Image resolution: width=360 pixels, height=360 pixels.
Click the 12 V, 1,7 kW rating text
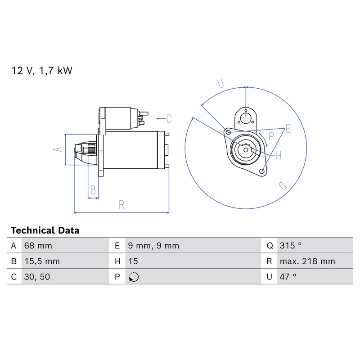(x=41, y=71)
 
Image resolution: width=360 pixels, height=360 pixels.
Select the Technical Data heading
(x=45, y=230)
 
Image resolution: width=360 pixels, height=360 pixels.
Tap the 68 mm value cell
(x=38, y=246)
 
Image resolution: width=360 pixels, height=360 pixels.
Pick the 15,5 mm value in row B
(x=42, y=261)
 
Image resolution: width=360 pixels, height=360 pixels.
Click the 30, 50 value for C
(x=37, y=277)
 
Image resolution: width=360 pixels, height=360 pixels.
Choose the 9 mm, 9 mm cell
(x=153, y=246)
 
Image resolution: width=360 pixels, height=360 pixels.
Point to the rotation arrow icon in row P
(x=134, y=277)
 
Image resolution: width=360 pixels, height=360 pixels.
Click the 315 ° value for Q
(x=290, y=246)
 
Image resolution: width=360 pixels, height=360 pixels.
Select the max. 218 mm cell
(x=307, y=261)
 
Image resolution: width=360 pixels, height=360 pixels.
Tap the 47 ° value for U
(x=288, y=277)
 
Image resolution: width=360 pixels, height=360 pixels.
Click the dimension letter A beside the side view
(x=58, y=149)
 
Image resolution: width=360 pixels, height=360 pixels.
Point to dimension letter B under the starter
(x=93, y=190)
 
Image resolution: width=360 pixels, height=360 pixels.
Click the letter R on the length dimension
(x=121, y=205)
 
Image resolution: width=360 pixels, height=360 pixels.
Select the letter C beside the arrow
(x=169, y=119)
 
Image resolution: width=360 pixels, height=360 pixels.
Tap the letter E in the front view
(x=288, y=128)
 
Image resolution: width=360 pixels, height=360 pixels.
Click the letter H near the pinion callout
(x=279, y=155)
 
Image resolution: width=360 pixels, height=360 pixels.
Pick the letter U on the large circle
(x=220, y=84)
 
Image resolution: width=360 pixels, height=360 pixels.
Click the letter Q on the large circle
(x=283, y=185)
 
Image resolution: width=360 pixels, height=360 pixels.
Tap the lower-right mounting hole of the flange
(x=261, y=171)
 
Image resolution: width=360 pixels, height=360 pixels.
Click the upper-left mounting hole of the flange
(x=228, y=132)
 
